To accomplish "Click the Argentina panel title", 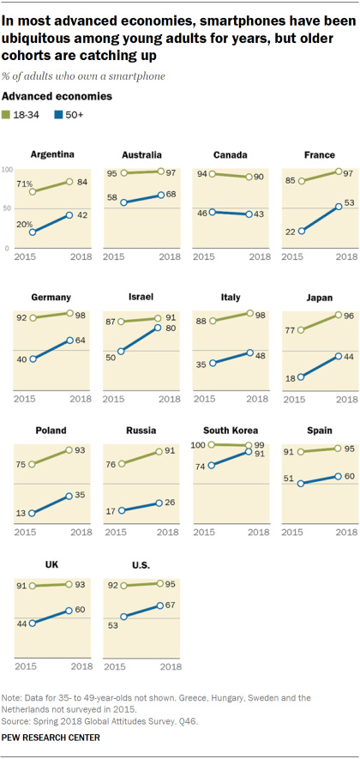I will [x=50, y=155].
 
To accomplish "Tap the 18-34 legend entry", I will [x=26, y=114].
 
